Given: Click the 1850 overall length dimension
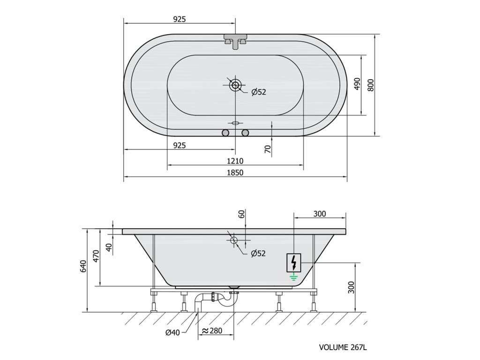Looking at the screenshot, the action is [235, 172].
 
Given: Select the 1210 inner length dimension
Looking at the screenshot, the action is [235, 161].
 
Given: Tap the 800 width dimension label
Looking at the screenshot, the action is [371, 85].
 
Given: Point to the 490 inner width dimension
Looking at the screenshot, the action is [357, 84].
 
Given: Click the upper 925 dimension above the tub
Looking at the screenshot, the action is [180, 19].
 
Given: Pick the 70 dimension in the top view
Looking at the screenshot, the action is [268, 149].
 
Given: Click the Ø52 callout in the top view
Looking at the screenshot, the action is [259, 92].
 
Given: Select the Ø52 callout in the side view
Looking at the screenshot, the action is [258, 254].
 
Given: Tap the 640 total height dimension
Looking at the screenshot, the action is [85, 266].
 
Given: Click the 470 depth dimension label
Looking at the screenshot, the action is [97, 256].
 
